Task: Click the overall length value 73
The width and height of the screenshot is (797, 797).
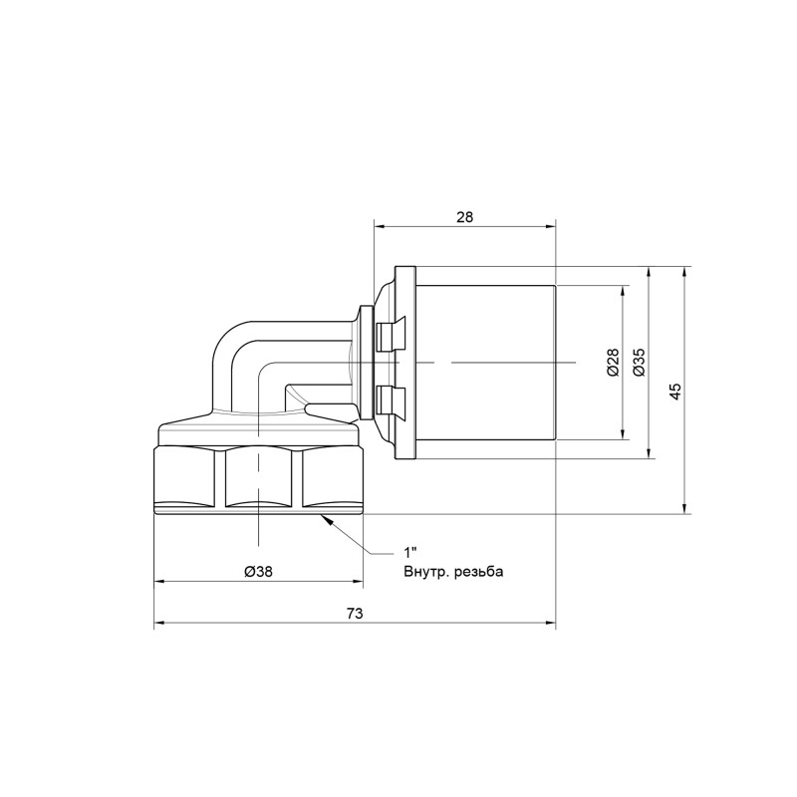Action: [x=354, y=614]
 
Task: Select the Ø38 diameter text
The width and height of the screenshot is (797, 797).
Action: [x=258, y=571]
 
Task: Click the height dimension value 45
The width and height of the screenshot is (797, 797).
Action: [x=675, y=391]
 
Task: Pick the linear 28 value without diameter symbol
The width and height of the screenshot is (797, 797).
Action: [x=463, y=216]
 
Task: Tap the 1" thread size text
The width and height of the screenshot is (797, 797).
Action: [x=408, y=552]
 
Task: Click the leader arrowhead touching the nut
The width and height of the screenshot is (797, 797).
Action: [x=326, y=520]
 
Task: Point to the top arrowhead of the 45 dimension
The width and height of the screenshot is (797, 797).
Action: [x=687, y=272]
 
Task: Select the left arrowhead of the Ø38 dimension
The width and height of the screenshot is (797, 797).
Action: [x=158, y=584]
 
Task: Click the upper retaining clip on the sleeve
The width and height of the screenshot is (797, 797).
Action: [x=390, y=335]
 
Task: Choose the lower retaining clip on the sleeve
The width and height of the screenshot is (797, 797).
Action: [x=390, y=399]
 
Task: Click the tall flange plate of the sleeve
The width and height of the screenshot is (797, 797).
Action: [x=405, y=364]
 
